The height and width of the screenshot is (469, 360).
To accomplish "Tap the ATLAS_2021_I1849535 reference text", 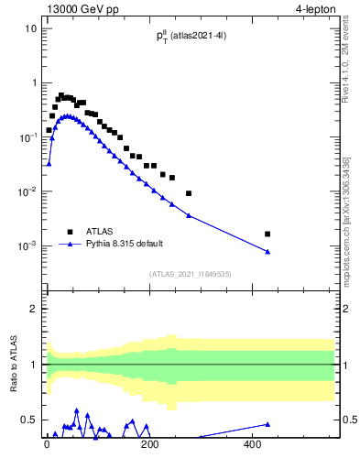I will [x=191, y=273].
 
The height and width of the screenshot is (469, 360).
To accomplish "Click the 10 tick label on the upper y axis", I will [x=30, y=28].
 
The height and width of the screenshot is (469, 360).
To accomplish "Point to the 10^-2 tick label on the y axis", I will [x=27, y=191].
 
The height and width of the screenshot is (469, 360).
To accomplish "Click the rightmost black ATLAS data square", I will [x=267, y=234].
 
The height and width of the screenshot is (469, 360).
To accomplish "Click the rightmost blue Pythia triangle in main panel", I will [x=267, y=252].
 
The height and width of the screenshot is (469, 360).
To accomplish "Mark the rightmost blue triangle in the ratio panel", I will [x=267, y=424].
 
